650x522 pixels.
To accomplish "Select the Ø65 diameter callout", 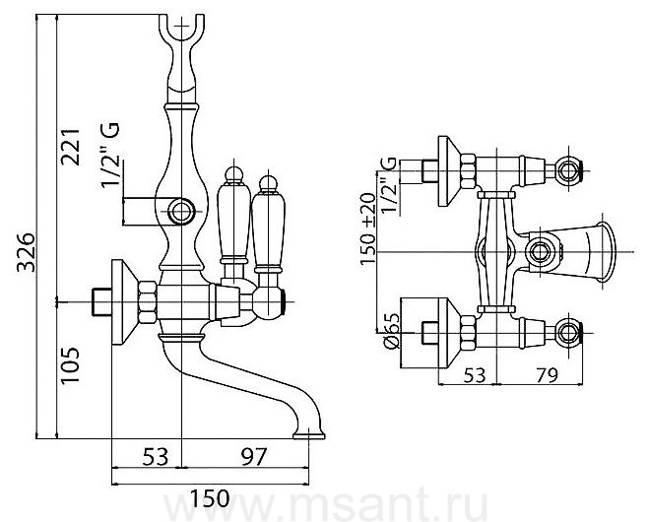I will pos(390,330).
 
